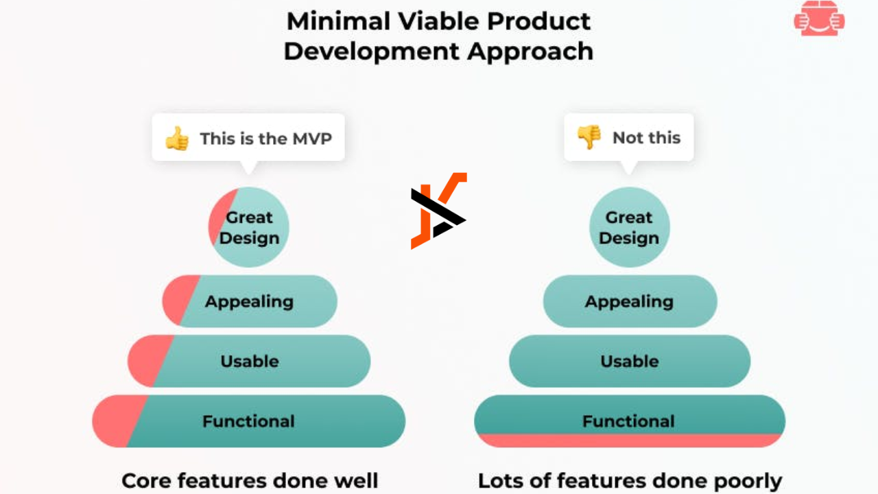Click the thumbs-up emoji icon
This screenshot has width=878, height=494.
pyautogui.click(x=177, y=139)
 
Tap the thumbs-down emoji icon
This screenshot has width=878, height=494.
pyautogui.click(x=589, y=137)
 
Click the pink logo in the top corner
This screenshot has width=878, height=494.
pyautogui.click(x=819, y=18)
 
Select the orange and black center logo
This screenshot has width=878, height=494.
pyautogui.click(x=438, y=211)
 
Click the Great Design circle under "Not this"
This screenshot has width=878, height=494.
pyautogui.click(x=629, y=227)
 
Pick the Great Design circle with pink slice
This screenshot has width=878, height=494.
pyautogui.click(x=249, y=227)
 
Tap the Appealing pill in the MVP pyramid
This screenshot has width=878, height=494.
pyautogui.click(x=250, y=301)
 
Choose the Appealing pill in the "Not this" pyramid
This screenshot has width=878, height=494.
pyautogui.click(x=630, y=301)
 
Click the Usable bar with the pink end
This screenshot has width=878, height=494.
pyautogui.click(x=249, y=361)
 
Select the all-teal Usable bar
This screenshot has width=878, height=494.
pyautogui.click(x=630, y=361)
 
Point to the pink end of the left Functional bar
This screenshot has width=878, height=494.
pyautogui.click(x=117, y=421)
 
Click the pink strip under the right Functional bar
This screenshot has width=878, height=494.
pyautogui.click(x=630, y=440)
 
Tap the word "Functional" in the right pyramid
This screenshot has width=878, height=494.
pyautogui.click(x=628, y=421)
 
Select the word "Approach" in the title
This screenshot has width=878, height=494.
pyautogui.click(x=530, y=52)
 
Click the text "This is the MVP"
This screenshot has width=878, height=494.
pyautogui.click(x=265, y=139)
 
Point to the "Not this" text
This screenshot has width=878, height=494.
pyautogui.click(x=646, y=138)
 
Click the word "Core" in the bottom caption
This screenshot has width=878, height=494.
pyautogui.click(x=147, y=481)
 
